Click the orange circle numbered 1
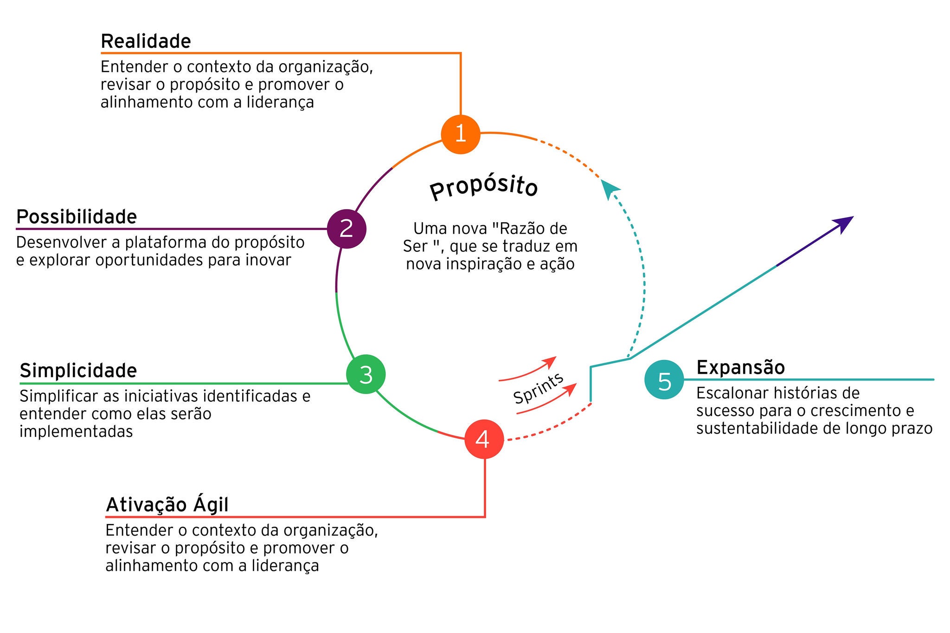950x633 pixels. pos(460,134)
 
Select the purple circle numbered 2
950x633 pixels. pos(347,229)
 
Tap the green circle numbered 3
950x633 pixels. pos(366,374)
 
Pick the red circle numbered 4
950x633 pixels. pos(484,439)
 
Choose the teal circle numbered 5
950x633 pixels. pos(664,380)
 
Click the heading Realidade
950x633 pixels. pos(146,41)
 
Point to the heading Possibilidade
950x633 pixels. pos(77,217)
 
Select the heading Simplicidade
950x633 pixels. pos(78,371)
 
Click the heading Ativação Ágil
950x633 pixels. pos(167,505)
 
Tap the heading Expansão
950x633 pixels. pos(740,367)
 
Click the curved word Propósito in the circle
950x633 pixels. pos(483,187)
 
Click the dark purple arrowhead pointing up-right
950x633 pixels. pos(844,223)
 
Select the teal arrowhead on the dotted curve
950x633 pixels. pos(609,188)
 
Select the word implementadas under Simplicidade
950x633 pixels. pos(76,432)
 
